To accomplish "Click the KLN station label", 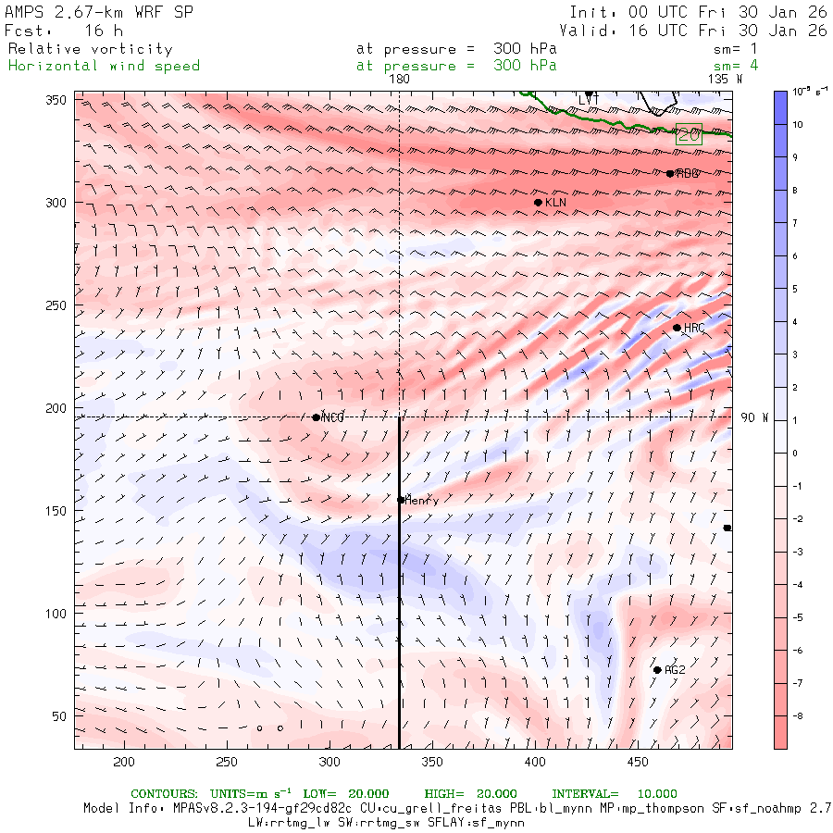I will pos(555,203).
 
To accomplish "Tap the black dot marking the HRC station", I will pos(677,328).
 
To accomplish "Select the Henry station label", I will pos(422,501).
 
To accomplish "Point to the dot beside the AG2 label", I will pos(657,670).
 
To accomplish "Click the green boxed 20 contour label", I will pos(689,134).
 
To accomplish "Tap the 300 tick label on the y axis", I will pos(57,203).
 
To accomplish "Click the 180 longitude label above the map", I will pos(399,80).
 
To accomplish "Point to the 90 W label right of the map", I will pos(754,417).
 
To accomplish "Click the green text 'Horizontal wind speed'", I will pos(104,66).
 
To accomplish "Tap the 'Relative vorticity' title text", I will pos(90,49).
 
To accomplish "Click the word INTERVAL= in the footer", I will pos(585,794).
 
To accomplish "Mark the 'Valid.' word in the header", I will pos(584,31).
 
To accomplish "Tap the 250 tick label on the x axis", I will pos(226,762).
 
